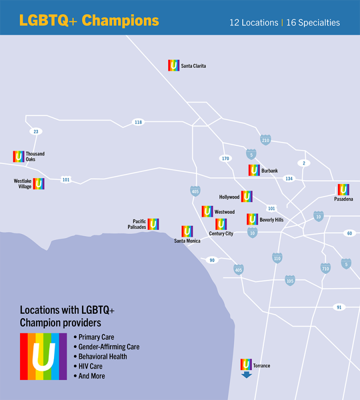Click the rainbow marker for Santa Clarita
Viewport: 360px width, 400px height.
(x=173, y=65)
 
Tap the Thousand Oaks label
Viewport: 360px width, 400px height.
(x=35, y=156)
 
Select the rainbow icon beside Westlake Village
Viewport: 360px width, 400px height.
(x=38, y=183)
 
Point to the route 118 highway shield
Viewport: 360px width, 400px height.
(x=138, y=122)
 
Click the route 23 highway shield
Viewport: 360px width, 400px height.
(x=35, y=131)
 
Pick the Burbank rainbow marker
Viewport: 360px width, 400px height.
(x=254, y=170)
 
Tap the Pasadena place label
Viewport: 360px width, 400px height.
(x=343, y=199)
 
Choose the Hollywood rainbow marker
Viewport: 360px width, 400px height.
(x=246, y=196)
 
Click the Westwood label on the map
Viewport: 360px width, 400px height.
(x=224, y=212)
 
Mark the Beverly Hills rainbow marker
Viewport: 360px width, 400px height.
(x=252, y=219)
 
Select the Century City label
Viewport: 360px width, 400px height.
(x=221, y=233)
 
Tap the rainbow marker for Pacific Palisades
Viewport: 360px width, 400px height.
(x=153, y=224)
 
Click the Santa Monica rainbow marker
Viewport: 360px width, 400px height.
(x=187, y=231)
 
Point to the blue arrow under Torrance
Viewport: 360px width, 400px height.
(x=246, y=374)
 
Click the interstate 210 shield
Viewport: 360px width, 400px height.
(x=265, y=140)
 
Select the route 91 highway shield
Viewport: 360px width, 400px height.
(x=339, y=307)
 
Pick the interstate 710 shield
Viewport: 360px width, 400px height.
(x=325, y=268)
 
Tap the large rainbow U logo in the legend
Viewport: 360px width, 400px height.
(x=43, y=356)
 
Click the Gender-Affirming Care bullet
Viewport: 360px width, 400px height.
(x=108, y=346)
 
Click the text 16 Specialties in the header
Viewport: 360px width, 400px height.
(x=313, y=22)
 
